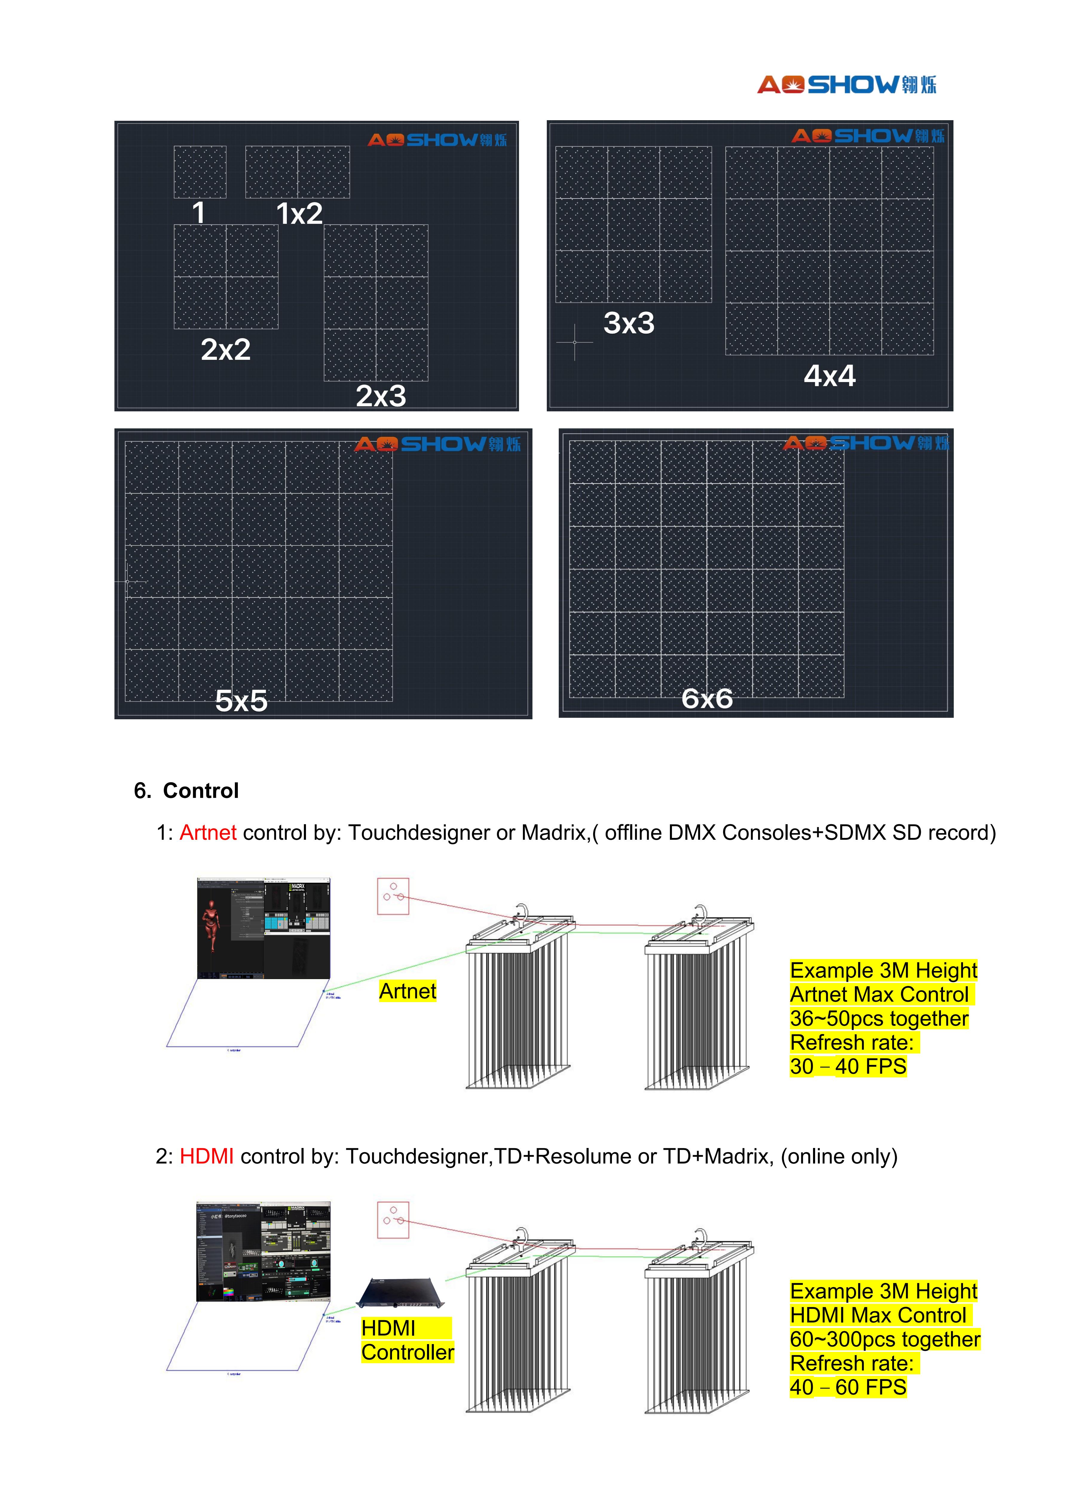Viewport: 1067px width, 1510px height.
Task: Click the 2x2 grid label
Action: click(226, 349)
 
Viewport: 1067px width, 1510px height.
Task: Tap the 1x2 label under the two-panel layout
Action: click(299, 214)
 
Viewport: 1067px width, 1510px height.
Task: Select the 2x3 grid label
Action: click(381, 396)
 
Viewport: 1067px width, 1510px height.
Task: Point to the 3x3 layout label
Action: click(628, 323)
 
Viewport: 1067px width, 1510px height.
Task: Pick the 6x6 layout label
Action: click(707, 698)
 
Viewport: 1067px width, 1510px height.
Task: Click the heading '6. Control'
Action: click(187, 790)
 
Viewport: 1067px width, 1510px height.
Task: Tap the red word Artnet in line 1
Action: click(208, 833)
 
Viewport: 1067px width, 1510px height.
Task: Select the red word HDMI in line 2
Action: click(206, 1156)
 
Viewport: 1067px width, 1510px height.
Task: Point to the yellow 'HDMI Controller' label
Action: click(407, 1340)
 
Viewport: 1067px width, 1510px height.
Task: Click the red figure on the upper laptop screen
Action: click(210, 924)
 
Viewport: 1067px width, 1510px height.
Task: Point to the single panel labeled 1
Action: click(200, 172)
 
